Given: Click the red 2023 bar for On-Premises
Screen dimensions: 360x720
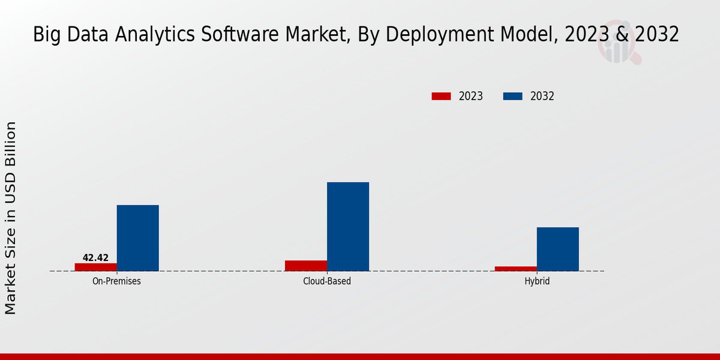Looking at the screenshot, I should click(x=95, y=267).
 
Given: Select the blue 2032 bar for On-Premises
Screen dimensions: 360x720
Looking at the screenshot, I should click(x=137, y=238).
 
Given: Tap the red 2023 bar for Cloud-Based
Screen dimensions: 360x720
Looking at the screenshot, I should click(x=305, y=266).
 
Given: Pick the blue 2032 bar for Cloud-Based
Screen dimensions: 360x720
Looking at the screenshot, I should click(x=347, y=227).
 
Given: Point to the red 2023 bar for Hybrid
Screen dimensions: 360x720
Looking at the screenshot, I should click(x=515, y=269).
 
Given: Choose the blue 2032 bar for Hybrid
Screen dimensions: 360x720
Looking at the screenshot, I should click(x=557, y=249).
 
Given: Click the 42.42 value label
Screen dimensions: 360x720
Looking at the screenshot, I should click(x=95, y=258).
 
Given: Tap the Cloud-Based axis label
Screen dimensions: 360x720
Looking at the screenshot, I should click(x=327, y=281).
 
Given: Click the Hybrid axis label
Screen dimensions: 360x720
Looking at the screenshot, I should click(x=537, y=281).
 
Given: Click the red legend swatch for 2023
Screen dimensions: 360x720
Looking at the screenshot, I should click(x=441, y=96).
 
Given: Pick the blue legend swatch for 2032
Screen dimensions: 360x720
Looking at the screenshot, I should click(x=512, y=96).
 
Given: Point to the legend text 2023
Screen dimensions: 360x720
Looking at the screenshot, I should click(x=471, y=96).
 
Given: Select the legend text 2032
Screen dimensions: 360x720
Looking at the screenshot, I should click(x=542, y=96).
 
